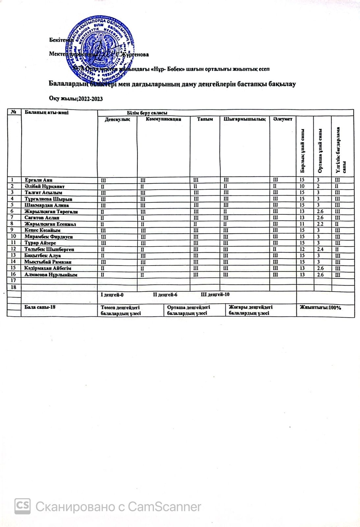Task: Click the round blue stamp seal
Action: coord(100,49)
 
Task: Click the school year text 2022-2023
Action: coord(76,98)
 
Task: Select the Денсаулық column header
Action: coord(117,119)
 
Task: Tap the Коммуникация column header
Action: coord(164,119)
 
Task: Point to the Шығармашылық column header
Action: coord(244,119)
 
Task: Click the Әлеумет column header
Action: coord(282,119)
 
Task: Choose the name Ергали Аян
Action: coord(39,180)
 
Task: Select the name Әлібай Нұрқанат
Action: coord(44,186)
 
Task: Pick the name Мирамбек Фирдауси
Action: coord(48,236)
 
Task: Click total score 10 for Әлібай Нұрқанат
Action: coord(302,186)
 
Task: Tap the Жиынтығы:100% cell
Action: coord(321,307)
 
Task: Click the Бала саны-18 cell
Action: coord(40,307)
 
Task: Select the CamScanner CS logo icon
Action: coord(23,506)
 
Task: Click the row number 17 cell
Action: coord(13,280)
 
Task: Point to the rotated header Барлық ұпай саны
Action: coord(302,151)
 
